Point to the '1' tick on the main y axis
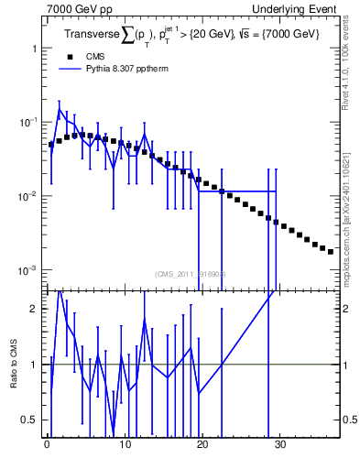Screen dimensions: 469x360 tap(34, 48)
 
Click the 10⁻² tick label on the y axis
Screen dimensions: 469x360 tap(28, 196)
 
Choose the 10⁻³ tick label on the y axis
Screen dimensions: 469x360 tap(28, 270)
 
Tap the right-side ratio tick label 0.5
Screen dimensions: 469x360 tap(348, 420)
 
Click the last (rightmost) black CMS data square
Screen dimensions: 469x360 tap(331, 251)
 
